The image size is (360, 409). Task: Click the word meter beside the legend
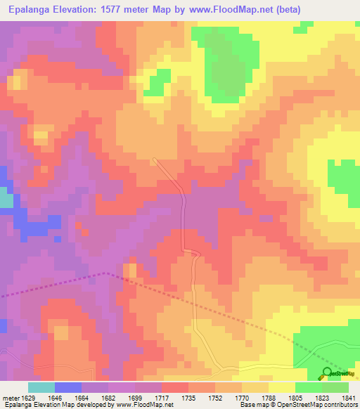pyautogui.click(x=10, y=398)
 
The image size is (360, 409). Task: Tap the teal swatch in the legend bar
pyautogui.click(x=41, y=387)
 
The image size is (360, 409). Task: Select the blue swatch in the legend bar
pyautogui.click(x=68, y=387)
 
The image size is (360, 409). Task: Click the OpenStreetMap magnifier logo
pyautogui.click(x=328, y=372)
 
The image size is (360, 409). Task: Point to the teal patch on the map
pyautogui.click(x=6, y=200)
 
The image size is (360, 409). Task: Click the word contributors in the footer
pyautogui.click(x=337, y=405)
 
